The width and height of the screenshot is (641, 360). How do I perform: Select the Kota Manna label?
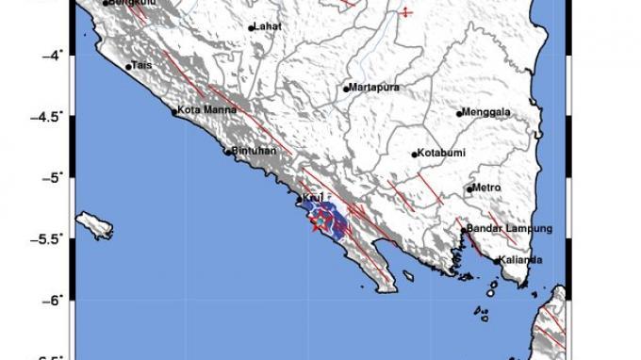click(200, 111)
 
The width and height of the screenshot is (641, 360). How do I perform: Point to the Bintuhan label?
click(249, 150)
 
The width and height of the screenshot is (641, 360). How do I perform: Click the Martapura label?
click(375, 88)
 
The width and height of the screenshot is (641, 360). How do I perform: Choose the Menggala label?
click(487, 112)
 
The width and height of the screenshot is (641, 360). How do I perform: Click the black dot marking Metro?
click(469, 189)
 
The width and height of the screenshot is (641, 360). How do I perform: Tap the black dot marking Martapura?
click(346, 89)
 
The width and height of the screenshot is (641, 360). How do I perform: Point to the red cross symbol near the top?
click(405, 12)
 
